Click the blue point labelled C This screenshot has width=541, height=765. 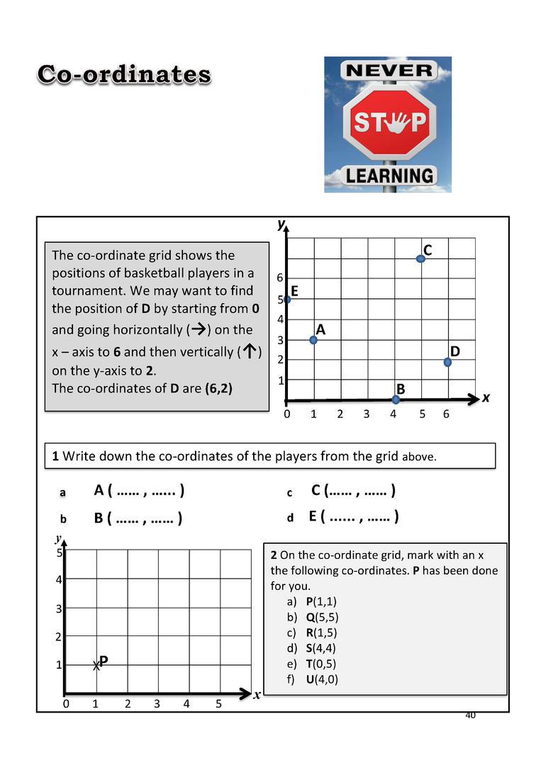click(x=420, y=259)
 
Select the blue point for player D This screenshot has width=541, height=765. click(x=447, y=362)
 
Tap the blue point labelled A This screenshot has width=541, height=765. click(x=313, y=340)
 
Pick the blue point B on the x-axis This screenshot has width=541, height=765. click(x=396, y=399)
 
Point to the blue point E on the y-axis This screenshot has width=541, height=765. click(x=286, y=300)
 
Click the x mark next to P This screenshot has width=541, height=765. click(x=96, y=666)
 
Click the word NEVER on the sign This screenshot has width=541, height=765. click(x=388, y=70)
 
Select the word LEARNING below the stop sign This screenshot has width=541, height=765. click(x=389, y=175)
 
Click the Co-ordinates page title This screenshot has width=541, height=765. click(x=124, y=74)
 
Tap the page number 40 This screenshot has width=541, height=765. click(x=470, y=715)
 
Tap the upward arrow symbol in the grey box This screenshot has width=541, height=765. click(x=250, y=352)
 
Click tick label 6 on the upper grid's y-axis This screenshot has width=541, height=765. click(x=280, y=277)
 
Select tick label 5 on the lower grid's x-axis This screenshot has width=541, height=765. click(x=218, y=703)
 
